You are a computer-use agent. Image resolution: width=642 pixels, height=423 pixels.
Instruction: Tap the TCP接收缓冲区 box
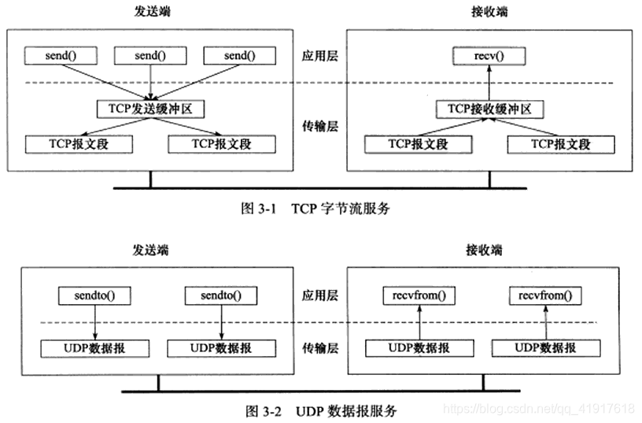490,108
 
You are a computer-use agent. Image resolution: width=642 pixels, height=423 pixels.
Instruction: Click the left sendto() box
94,296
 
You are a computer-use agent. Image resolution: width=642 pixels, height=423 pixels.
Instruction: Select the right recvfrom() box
545,296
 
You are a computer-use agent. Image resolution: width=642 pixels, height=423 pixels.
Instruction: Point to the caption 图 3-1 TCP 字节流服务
315,209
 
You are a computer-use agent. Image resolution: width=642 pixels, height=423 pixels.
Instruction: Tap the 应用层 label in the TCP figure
320,57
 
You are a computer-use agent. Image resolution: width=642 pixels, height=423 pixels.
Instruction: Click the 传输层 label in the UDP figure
320,347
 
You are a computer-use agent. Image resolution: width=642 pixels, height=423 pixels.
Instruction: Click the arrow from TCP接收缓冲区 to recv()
489,82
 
